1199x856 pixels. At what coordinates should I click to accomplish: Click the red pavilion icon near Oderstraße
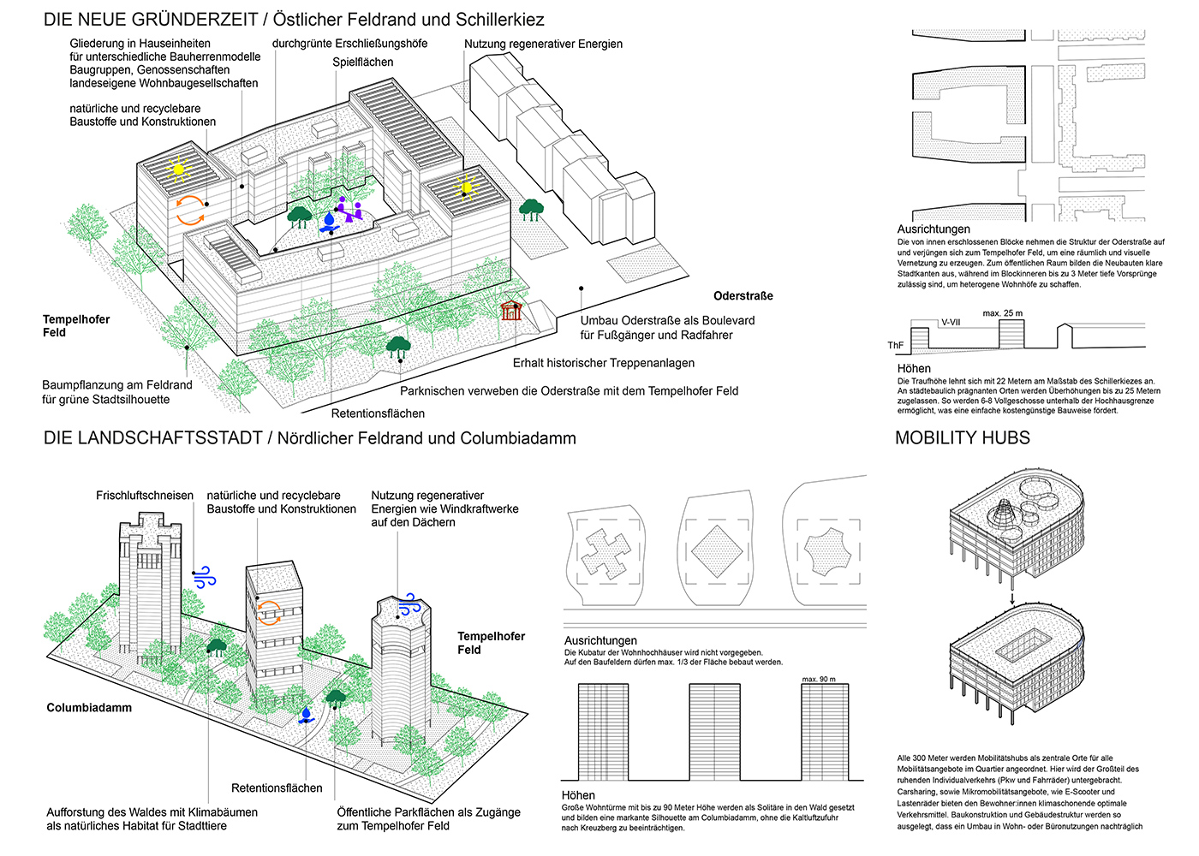click(511, 310)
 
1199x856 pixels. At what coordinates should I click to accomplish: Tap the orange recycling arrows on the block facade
click(190, 210)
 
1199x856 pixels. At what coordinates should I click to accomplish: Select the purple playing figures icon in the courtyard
click(349, 209)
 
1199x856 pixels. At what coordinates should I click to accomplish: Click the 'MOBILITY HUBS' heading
click(962, 438)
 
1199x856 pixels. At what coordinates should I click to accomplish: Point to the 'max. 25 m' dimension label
click(1002, 313)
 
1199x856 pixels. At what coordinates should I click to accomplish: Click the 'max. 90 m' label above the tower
click(819, 679)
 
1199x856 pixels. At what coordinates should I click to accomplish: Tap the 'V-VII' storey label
click(951, 323)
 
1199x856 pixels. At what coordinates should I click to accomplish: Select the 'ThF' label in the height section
click(895, 346)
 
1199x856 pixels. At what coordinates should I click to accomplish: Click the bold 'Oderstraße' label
click(743, 296)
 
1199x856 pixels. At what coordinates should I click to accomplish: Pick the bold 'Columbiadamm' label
click(89, 708)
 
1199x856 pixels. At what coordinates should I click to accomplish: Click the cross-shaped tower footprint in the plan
click(606, 550)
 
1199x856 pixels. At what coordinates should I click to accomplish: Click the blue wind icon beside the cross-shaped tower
click(204, 578)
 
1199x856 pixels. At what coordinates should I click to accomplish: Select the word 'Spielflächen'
click(363, 62)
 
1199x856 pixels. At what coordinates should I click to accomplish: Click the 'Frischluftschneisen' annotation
click(145, 496)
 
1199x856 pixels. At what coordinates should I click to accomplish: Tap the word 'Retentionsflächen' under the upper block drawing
click(378, 413)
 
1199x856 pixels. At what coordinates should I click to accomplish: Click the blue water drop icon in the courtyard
click(329, 222)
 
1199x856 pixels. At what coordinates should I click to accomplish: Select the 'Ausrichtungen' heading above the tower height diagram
click(600, 640)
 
